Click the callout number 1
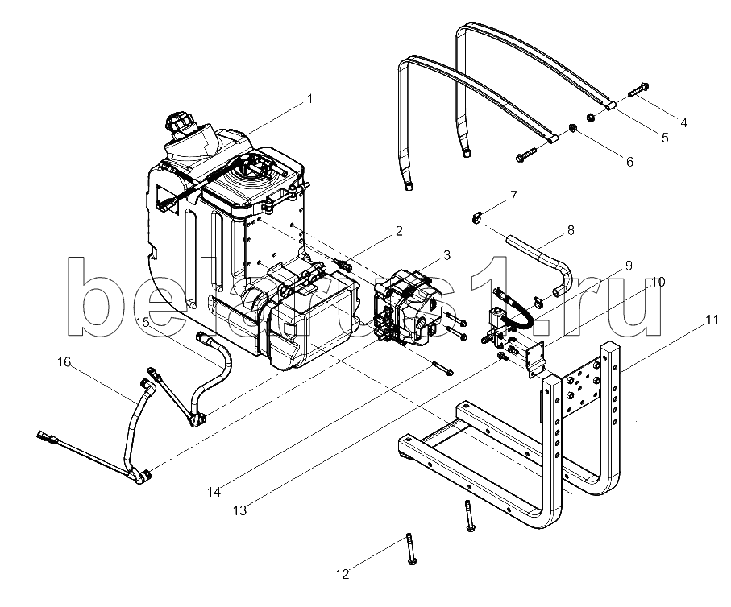click(x=309, y=99)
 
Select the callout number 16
click(x=64, y=361)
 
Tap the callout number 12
click(x=343, y=574)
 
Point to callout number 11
click(x=712, y=320)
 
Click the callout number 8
click(x=571, y=230)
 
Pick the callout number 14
click(x=214, y=491)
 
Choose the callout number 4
click(x=683, y=122)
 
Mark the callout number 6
click(x=629, y=162)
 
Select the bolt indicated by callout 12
click(x=411, y=549)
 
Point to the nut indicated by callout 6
click(x=573, y=128)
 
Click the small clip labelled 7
click(x=476, y=217)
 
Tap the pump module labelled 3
click(x=409, y=308)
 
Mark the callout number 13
click(x=239, y=510)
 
